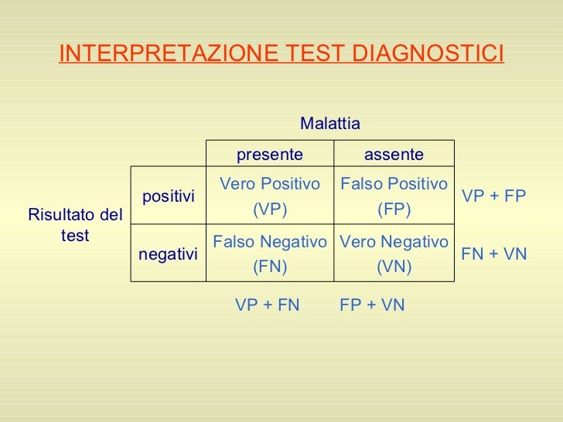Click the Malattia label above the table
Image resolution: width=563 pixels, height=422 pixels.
pos(330,124)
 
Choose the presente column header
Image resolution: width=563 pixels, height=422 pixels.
pos(269,155)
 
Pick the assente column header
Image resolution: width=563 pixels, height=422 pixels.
pos(394,155)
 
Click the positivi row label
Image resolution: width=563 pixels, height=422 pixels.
pos(169,197)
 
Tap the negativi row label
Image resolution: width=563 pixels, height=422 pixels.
pos(169,254)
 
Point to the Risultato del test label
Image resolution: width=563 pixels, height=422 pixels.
pos(75,225)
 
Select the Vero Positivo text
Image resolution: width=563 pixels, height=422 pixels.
pos(270,184)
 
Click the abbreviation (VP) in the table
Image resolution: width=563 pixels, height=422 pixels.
pos(270,210)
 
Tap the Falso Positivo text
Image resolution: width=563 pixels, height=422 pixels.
pos(394,184)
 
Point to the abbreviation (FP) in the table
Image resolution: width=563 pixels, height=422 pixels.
pos(394,210)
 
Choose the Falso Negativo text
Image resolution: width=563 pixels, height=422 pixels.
pos(270,242)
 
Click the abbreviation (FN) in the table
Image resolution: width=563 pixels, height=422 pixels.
pos(270,267)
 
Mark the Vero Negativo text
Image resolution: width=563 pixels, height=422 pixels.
pos(394,242)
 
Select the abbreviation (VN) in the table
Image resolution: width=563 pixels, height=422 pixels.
pos(394,267)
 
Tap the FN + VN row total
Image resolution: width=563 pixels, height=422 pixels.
pos(493,254)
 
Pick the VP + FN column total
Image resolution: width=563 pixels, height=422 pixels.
pos(267,305)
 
